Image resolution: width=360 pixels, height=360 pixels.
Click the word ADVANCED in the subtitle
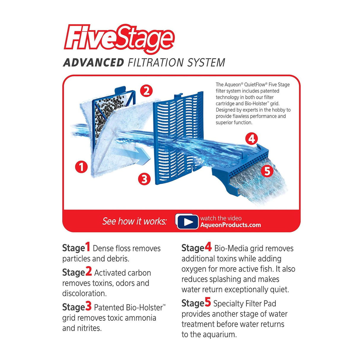(94, 62)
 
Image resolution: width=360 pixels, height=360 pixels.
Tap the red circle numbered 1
(81, 167)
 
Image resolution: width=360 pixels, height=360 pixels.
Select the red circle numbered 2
(146, 91)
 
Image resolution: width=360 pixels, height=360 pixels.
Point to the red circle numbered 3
(144, 179)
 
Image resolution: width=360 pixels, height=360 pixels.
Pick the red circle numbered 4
(251, 138)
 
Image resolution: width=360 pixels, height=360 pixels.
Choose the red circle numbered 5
(267, 171)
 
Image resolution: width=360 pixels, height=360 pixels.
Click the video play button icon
(187, 222)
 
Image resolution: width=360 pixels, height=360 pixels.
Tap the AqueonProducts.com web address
(230, 225)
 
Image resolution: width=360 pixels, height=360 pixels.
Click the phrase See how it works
(134, 222)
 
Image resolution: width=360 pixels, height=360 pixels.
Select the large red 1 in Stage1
(87, 247)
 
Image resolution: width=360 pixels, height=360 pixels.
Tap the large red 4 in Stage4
(208, 247)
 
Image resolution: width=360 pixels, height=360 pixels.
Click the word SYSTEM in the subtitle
(206, 62)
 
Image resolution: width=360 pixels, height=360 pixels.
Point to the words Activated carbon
(122, 273)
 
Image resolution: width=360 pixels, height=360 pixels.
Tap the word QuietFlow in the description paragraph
(255, 85)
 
